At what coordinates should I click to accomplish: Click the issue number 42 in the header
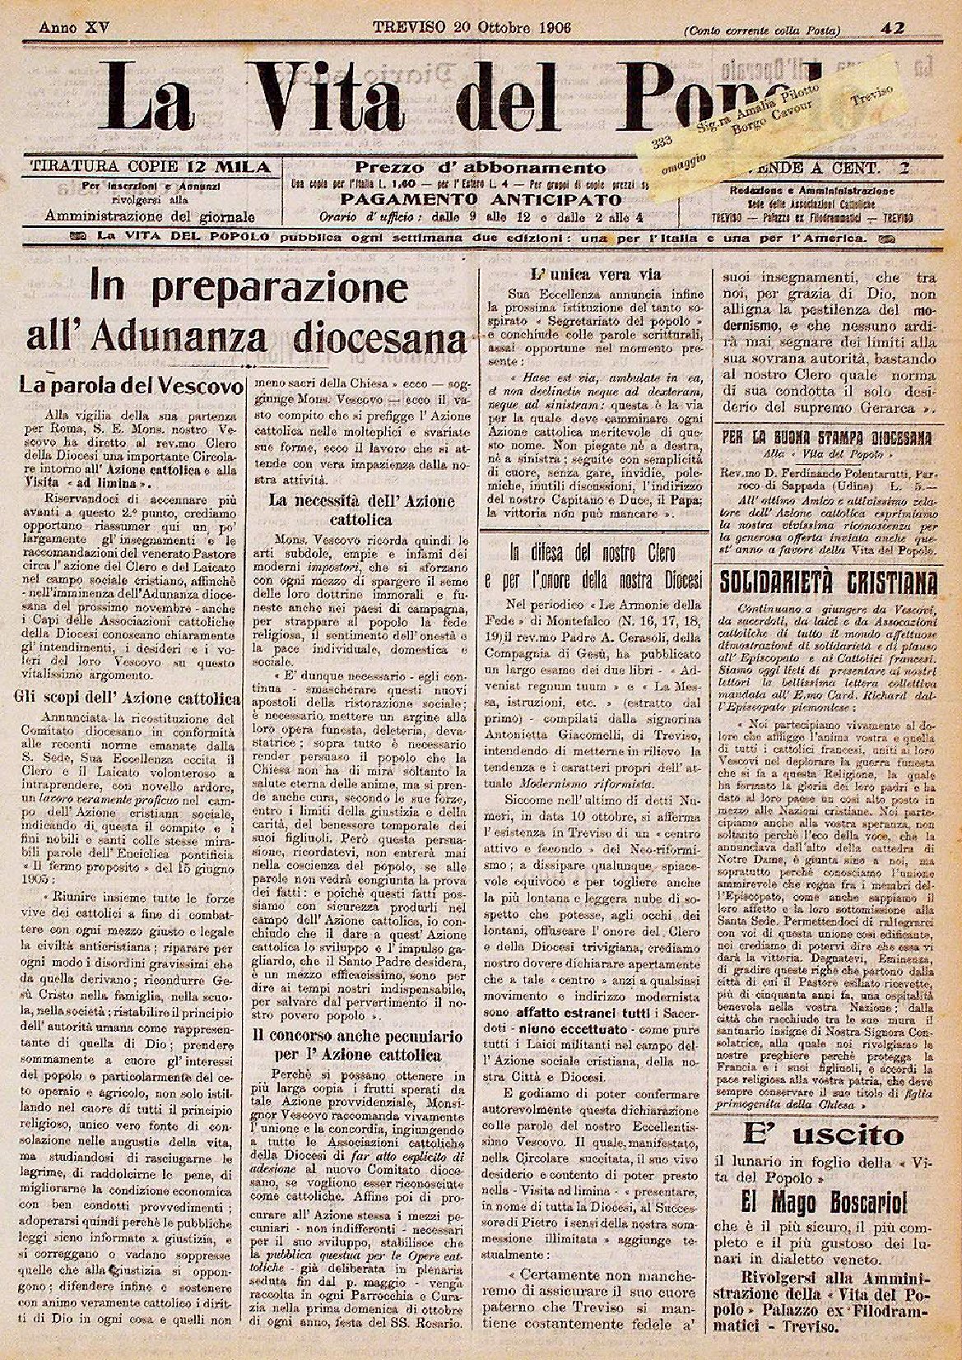892,28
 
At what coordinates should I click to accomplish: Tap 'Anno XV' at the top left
74,26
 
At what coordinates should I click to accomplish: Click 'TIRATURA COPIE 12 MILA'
150,167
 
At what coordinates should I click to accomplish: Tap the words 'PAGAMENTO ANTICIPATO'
481,200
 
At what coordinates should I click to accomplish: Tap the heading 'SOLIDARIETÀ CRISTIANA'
829,583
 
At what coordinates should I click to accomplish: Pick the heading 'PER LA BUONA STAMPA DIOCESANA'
826,437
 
